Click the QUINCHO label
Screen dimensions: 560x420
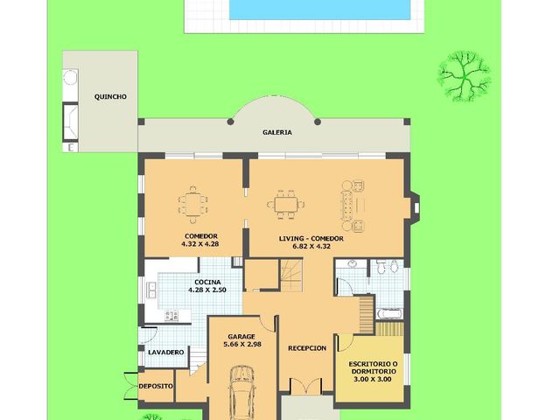pyautogui.click(x=110, y=97)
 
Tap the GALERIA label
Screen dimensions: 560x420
pyautogui.click(x=277, y=132)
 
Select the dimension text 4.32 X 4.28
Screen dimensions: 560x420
pyautogui.click(x=200, y=244)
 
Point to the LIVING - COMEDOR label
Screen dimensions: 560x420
pyautogui.click(x=311, y=239)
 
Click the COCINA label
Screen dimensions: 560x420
pyautogui.click(x=207, y=282)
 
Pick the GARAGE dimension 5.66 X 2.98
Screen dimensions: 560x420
pyautogui.click(x=242, y=344)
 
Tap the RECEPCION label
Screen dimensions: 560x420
pyautogui.click(x=307, y=348)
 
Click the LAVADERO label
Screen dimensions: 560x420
pyautogui.click(x=165, y=353)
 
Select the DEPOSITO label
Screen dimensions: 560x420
pyautogui.click(x=156, y=386)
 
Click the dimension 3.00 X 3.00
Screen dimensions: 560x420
pyautogui.click(x=373, y=379)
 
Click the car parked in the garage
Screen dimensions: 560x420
pyautogui.click(x=242, y=393)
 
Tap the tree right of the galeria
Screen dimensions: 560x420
pyautogui.click(x=464, y=76)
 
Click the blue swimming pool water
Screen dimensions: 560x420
pyautogui.click(x=319, y=10)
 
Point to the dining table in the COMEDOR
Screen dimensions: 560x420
pyautogui.click(x=192, y=205)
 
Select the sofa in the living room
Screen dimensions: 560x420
pyautogui.click(x=347, y=205)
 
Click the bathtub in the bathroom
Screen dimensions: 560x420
pyautogui.click(x=389, y=313)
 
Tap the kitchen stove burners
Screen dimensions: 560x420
pyautogui.click(x=171, y=316)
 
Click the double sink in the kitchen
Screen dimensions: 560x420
pyautogui.click(x=151, y=290)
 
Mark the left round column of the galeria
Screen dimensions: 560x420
pyautogui.click(x=230, y=122)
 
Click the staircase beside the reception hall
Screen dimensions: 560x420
pyautogui.click(x=291, y=276)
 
